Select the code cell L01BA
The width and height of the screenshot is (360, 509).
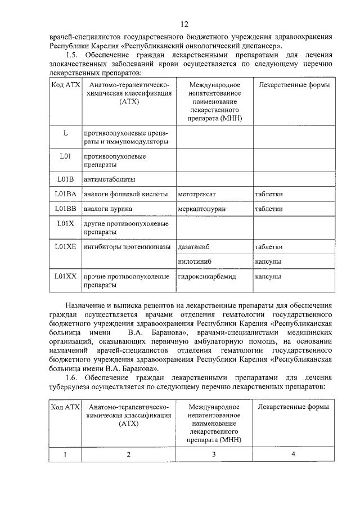tap(65, 194)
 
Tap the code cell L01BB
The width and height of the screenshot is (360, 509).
tap(65, 209)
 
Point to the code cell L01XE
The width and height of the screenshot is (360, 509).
tap(65, 246)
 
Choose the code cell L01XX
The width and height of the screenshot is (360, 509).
tap(65, 276)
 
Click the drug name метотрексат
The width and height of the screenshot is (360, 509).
tap(196, 195)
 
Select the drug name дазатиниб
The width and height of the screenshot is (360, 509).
tap(195, 247)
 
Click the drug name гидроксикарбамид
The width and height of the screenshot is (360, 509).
tap(206, 277)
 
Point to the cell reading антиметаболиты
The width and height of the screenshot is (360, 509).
tap(110, 179)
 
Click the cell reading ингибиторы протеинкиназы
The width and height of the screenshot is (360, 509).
tap(127, 247)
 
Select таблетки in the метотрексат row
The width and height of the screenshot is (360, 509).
tap(268, 195)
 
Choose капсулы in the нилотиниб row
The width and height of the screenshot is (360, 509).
tap(268, 262)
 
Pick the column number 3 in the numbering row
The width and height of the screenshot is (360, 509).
tap(214, 454)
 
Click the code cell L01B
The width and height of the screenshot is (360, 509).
tap(65, 179)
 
